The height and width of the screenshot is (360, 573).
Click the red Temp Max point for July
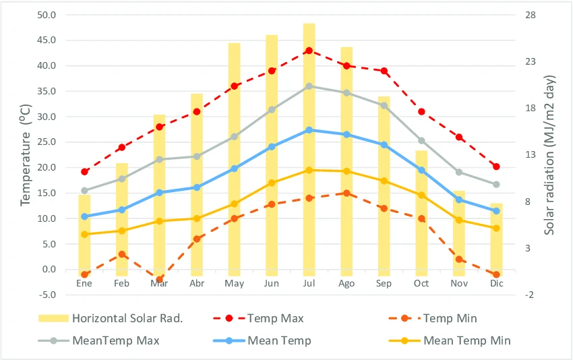(309, 51)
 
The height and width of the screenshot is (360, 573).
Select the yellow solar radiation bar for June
(272, 155)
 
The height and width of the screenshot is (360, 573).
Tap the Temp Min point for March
(160, 279)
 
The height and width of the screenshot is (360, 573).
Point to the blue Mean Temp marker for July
(309, 129)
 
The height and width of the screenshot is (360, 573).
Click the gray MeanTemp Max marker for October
(421, 141)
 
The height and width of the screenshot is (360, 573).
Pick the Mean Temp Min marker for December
(496, 228)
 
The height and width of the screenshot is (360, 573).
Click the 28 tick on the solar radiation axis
(530, 15)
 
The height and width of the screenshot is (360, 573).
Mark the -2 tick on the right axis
(529, 295)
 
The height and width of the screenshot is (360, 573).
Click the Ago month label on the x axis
(346, 284)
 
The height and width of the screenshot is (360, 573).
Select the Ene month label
(84, 284)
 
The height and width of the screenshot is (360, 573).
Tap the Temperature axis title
(26, 155)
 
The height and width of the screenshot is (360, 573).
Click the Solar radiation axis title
(551, 155)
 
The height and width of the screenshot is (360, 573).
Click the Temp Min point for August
(346, 193)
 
